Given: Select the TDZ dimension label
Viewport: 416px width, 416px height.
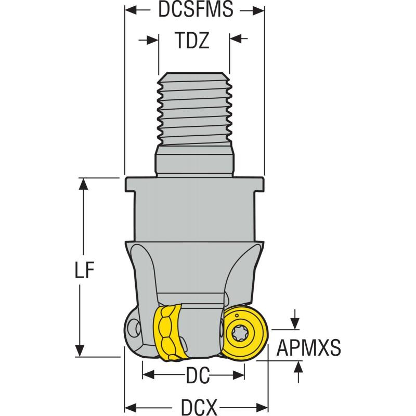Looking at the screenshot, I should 193,41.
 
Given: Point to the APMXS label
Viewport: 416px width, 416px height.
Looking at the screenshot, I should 308,347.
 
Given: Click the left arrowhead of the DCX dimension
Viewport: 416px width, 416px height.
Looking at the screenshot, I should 131,405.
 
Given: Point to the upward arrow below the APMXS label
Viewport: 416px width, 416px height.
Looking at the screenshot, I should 298,367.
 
